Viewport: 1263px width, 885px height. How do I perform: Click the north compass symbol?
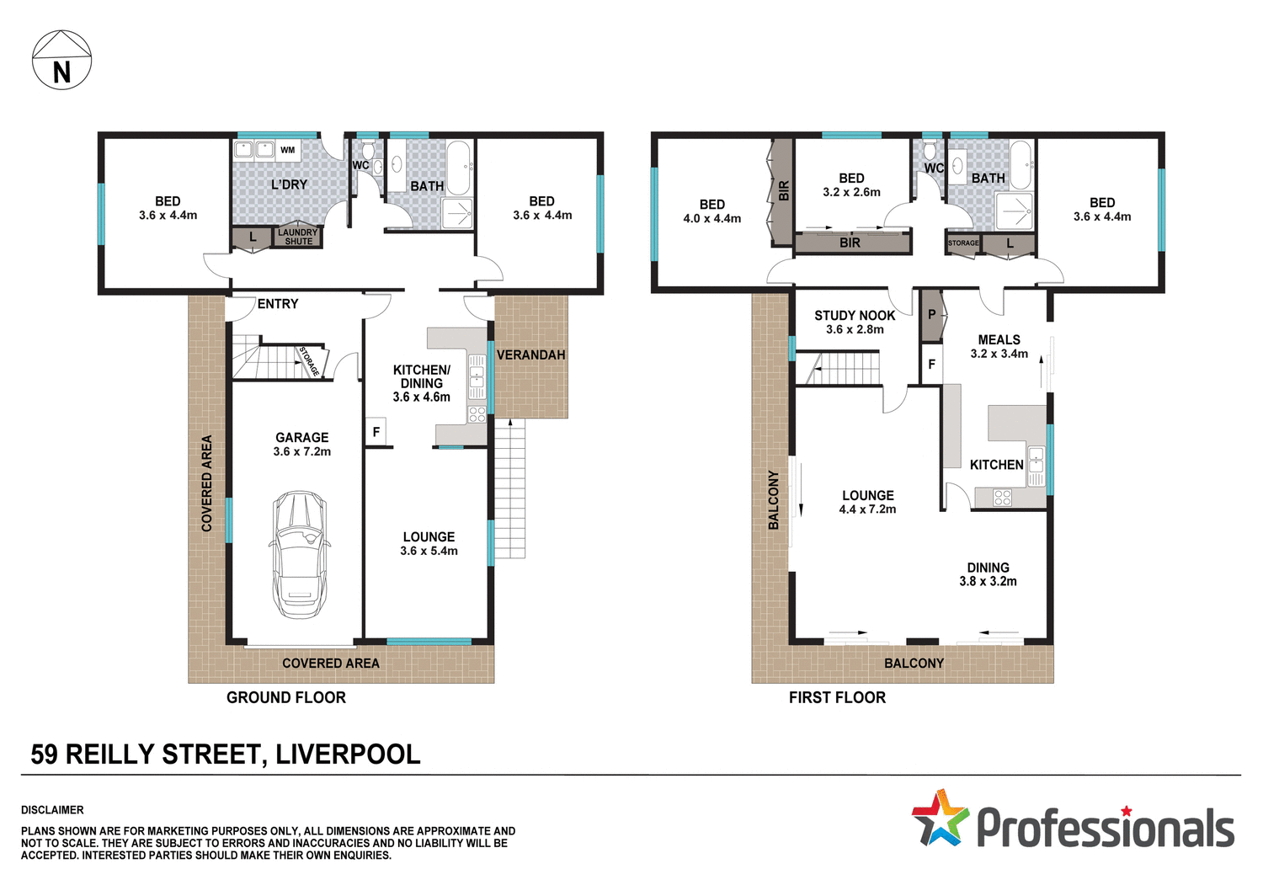click(x=61, y=61)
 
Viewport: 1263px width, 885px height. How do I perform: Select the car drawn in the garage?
click(x=301, y=554)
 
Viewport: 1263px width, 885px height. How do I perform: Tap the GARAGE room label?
click(x=301, y=437)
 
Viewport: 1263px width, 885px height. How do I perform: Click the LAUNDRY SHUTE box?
click(x=298, y=237)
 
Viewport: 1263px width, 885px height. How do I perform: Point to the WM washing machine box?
click(x=288, y=150)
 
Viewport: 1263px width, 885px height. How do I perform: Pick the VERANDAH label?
click(x=530, y=355)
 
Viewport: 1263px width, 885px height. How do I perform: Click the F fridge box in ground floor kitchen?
click(x=376, y=432)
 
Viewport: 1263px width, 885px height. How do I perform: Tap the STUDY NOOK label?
click(x=855, y=315)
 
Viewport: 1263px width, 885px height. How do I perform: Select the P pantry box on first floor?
click(x=931, y=315)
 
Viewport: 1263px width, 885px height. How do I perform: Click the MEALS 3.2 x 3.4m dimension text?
click(x=999, y=354)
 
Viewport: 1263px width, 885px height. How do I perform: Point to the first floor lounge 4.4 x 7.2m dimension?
click(x=867, y=509)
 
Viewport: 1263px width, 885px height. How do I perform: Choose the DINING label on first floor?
click(x=988, y=568)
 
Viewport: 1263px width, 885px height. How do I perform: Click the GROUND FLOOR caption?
click(x=285, y=697)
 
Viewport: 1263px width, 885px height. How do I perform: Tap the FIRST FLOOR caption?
click(x=837, y=697)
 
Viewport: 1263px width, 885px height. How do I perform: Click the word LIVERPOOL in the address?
click(x=348, y=754)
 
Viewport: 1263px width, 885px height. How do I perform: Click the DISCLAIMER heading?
click(x=52, y=810)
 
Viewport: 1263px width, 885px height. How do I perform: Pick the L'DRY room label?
click(x=289, y=184)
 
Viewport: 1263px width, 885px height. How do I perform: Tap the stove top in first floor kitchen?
click(x=1002, y=498)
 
